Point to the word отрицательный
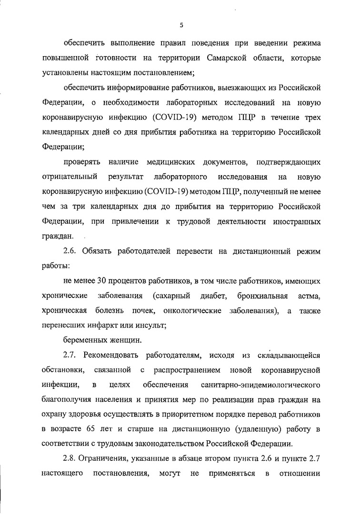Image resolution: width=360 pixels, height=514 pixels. [70, 177]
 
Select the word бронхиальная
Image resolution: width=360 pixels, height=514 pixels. [264, 296]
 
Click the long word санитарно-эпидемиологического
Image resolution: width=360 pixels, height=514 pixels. [261, 385]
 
